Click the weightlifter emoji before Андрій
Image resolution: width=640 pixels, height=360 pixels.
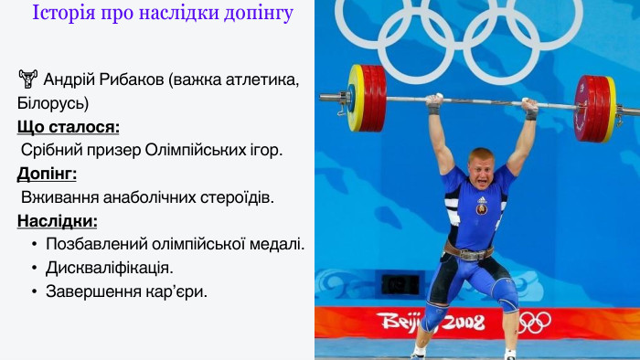click(27, 79)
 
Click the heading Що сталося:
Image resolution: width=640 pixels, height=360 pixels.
click(68, 126)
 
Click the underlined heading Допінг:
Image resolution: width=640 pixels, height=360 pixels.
click(47, 173)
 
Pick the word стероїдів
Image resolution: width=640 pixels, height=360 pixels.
click(236, 196)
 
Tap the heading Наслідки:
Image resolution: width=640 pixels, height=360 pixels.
click(58, 220)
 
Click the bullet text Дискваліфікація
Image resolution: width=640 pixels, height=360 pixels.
click(110, 268)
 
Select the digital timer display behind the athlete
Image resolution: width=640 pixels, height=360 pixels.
click(400, 283)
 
